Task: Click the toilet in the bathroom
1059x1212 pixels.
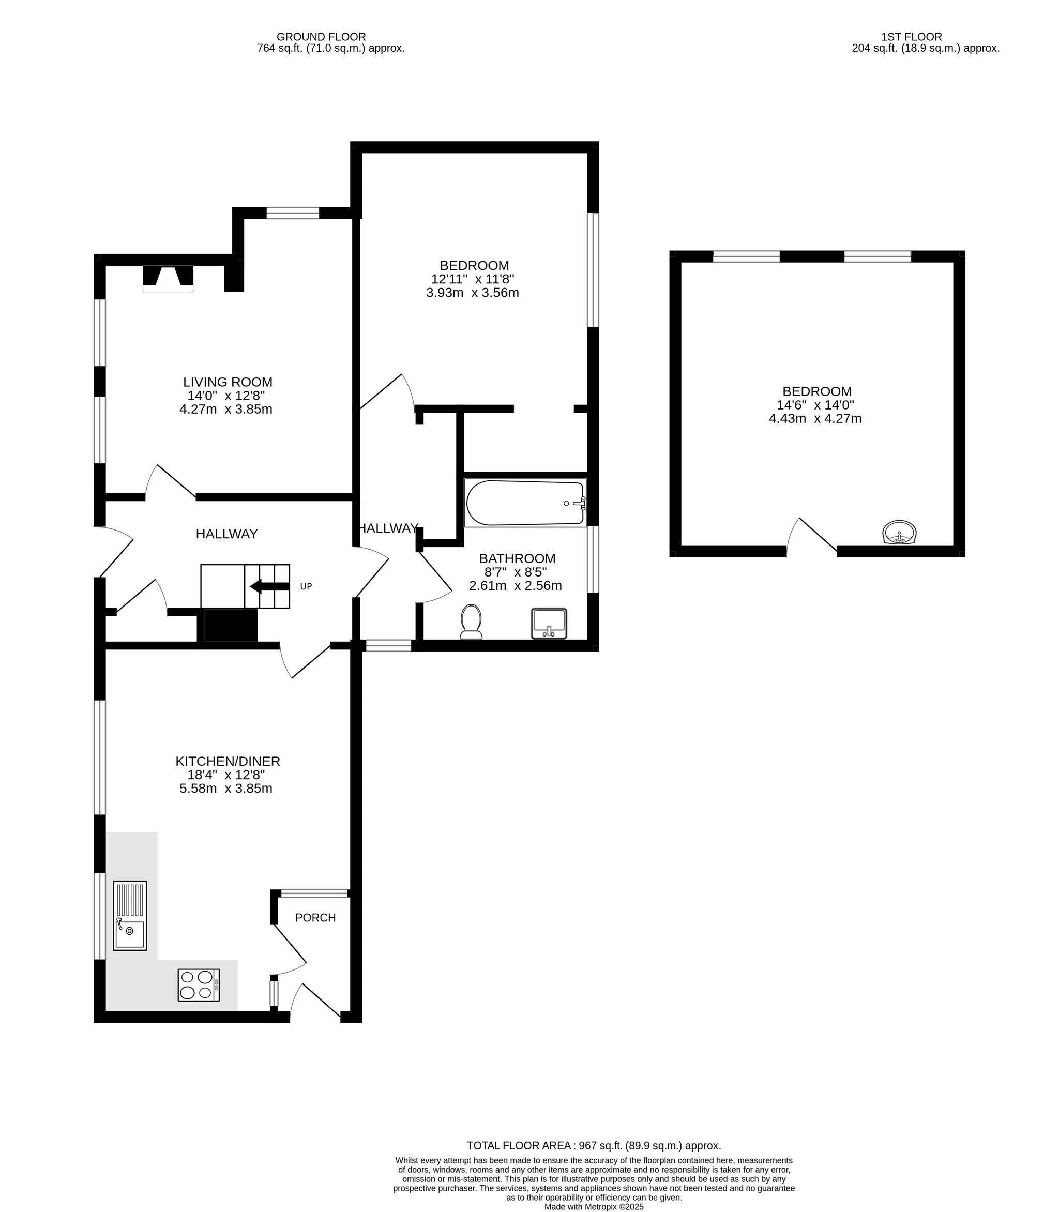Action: (x=471, y=622)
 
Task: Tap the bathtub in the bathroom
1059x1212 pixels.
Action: (x=525, y=503)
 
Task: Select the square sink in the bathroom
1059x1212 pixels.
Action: (x=549, y=624)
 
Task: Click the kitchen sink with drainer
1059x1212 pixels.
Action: (x=130, y=915)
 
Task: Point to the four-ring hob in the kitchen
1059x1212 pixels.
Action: (x=199, y=985)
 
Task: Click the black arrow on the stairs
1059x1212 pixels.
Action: (x=269, y=586)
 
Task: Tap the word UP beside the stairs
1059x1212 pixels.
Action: (x=306, y=586)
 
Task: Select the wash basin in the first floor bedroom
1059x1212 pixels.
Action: (x=899, y=532)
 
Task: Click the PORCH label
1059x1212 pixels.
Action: (x=315, y=918)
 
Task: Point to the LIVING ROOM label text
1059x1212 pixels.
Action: (x=228, y=382)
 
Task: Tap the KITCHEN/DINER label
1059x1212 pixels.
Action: (x=228, y=762)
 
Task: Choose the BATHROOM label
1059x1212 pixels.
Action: (x=517, y=558)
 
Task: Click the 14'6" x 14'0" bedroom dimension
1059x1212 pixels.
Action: (x=815, y=405)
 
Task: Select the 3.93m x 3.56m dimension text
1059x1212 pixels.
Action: (x=472, y=293)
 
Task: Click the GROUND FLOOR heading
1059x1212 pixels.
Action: (x=321, y=37)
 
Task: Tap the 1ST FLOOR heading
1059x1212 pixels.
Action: (x=911, y=37)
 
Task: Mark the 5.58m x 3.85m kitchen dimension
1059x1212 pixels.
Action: (x=226, y=789)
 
